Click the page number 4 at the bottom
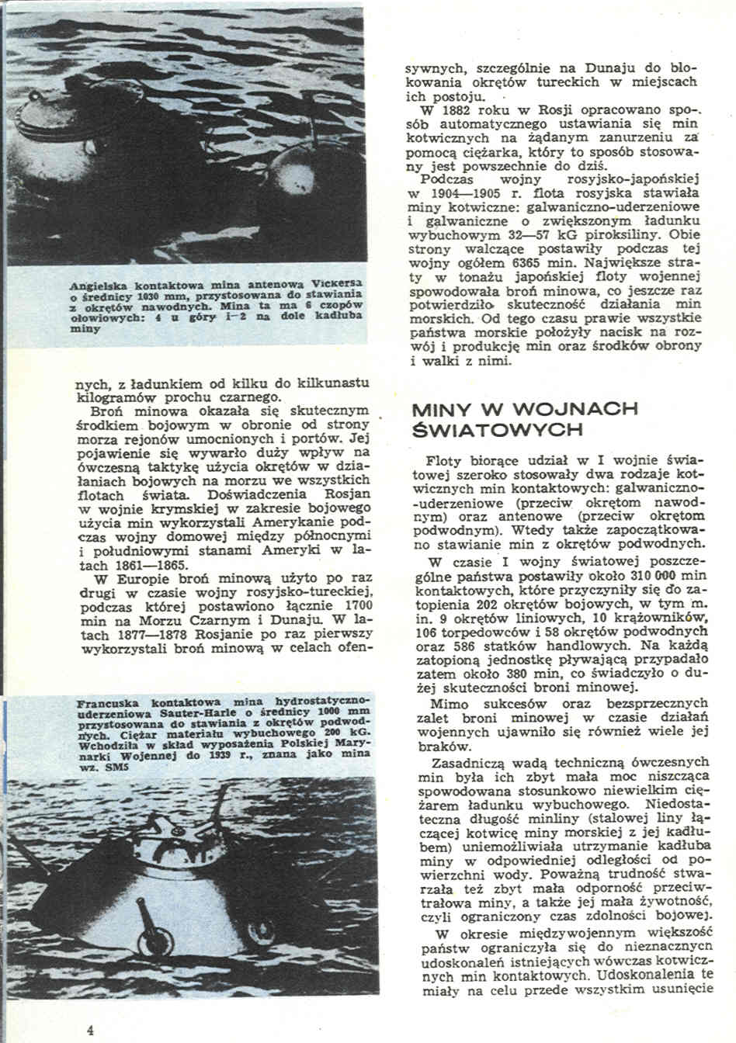coord(91,1030)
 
